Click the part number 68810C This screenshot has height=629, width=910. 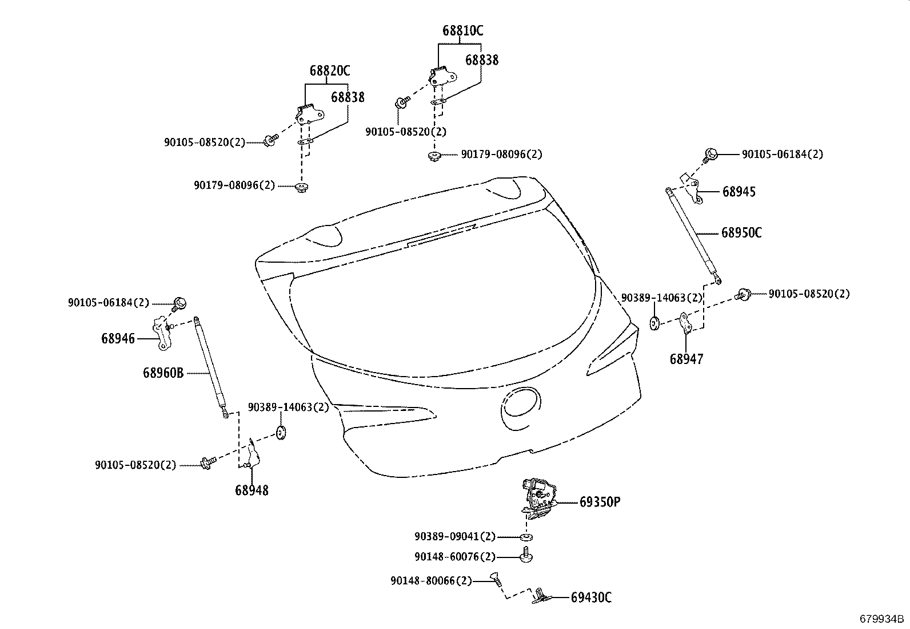[462, 31]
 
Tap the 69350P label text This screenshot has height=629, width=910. [600, 503]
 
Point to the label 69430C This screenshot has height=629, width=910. [591, 598]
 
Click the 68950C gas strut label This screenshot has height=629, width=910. [741, 233]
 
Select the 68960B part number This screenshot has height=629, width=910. [163, 373]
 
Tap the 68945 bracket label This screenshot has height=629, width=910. [739, 192]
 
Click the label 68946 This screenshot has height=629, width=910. [118, 338]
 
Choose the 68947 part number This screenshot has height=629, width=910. [687, 359]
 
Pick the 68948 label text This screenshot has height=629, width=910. [251, 490]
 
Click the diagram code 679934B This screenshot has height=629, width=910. [882, 619]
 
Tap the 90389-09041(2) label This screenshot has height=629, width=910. [455, 537]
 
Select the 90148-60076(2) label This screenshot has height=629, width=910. [455, 556]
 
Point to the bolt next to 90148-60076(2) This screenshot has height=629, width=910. [526, 556]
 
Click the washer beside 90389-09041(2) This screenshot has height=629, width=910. [526, 537]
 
